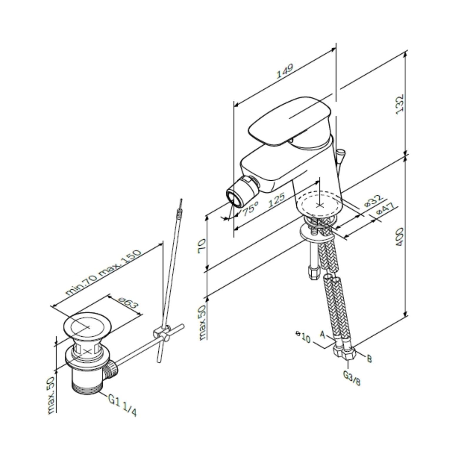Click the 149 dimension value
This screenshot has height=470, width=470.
coord(285,71)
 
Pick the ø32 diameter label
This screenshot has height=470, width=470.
coord(374,201)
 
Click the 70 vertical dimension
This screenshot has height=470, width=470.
coord(202,246)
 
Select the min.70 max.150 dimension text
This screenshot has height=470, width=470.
coord(103,272)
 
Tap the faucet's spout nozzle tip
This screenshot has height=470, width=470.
coord(234,197)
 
